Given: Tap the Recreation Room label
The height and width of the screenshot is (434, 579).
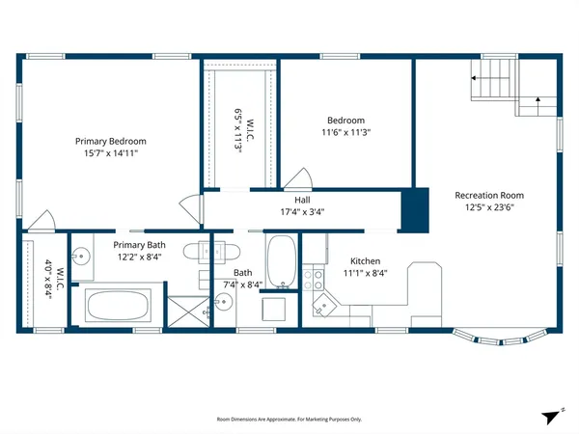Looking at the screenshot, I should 490,195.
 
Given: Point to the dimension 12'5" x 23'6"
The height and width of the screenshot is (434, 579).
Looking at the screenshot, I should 490,206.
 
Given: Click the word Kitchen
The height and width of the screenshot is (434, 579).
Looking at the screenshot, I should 365,261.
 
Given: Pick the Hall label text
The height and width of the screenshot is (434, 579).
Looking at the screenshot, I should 302,201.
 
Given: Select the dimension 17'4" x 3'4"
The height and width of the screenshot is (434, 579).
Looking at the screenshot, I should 302,212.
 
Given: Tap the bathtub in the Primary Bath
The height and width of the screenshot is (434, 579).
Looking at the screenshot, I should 119,308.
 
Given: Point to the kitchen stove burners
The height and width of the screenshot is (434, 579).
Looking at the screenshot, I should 314,280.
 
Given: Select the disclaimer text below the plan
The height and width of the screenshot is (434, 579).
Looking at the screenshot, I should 289,420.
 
